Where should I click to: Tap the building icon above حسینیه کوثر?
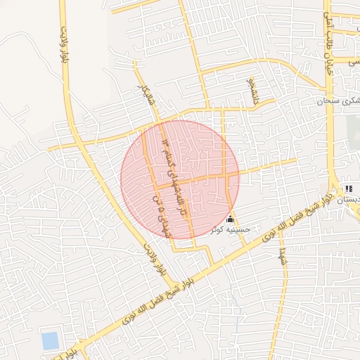pyautogui.click(x=231, y=219)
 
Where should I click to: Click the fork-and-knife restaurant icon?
pyautogui.click(x=348, y=188)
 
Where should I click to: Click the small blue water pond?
pyautogui.click(x=50, y=341)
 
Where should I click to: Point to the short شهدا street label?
pyautogui.click(x=282, y=255)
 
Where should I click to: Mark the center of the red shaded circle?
pyautogui.click(x=179, y=179)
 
